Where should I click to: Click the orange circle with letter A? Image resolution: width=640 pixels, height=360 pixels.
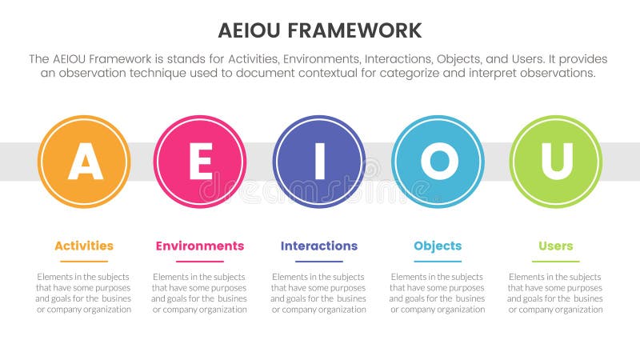(84, 162)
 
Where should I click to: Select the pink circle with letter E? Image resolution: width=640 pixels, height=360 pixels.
(200, 162)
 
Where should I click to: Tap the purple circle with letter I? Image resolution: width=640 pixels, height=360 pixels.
(319, 162)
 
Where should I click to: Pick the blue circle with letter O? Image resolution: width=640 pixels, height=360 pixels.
(438, 162)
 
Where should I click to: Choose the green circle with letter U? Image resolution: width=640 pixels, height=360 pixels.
(555, 162)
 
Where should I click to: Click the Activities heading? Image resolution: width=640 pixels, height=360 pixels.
(84, 246)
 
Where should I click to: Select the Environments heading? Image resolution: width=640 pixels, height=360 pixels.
(200, 246)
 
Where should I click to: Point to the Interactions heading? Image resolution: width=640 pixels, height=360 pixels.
(319, 246)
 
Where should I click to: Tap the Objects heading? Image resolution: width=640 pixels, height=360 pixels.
(438, 246)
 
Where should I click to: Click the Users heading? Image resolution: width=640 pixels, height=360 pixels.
(555, 246)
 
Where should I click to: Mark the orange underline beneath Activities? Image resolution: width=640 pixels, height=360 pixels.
(84, 261)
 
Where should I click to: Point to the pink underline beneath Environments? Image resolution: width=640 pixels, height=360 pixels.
(200, 261)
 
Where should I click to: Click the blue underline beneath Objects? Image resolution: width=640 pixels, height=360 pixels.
(438, 261)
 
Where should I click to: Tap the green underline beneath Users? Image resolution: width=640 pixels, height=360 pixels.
(555, 261)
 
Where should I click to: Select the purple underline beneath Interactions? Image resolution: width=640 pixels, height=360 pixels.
(319, 261)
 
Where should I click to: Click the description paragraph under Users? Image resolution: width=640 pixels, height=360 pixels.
(555, 293)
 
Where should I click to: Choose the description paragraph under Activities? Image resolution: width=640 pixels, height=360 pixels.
(84, 293)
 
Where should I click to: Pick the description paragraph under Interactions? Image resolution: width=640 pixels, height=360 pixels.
(319, 293)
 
